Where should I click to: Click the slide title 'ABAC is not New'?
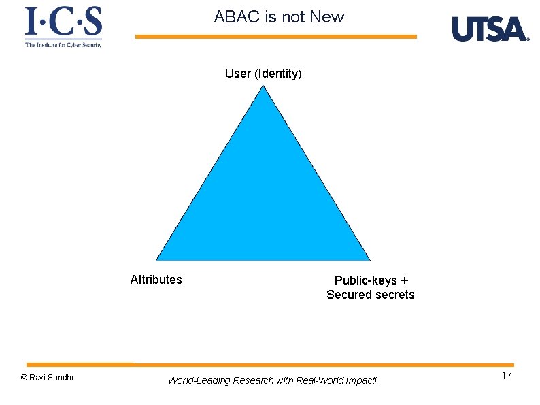[279, 17]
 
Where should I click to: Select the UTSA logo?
[490, 29]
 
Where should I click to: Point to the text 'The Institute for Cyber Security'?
[64, 45]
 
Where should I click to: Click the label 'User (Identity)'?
[263, 74]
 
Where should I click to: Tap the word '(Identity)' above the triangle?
[277, 74]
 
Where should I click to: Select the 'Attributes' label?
[156, 280]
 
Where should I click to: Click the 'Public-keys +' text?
[371, 280]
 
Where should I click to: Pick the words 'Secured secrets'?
[370, 295]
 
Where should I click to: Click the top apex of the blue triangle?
[264, 88]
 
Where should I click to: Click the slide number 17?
[506, 376]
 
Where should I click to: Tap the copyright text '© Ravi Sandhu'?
[48, 378]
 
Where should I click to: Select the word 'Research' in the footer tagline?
[253, 380]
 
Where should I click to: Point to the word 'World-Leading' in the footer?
[199, 380]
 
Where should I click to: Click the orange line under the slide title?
[275, 37]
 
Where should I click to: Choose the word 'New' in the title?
[327, 17]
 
